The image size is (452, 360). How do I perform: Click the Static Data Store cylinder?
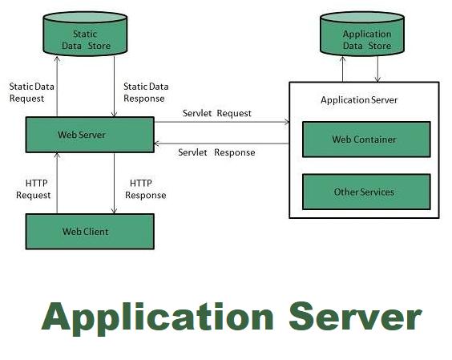point(85,34)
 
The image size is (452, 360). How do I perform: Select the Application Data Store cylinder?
point(362,34)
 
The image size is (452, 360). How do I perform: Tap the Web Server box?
point(90,135)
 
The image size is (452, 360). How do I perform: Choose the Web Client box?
point(90,232)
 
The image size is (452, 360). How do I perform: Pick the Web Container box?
point(366,140)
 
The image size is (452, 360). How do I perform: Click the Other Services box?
point(366,192)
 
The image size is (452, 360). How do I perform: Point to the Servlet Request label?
point(217,113)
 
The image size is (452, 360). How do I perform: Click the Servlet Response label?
point(216,152)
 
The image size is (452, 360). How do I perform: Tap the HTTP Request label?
point(34,189)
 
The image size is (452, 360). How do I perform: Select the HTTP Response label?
point(146,189)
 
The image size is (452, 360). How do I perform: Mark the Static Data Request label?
point(32,92)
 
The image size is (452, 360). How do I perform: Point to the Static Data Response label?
point(146,92)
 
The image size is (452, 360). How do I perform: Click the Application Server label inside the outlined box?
point(359,100)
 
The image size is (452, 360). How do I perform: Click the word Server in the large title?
point(355,317)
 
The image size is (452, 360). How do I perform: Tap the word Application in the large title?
point(157,318)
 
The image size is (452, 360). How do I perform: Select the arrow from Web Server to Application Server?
point(222,122)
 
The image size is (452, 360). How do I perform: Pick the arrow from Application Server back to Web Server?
point(222,144)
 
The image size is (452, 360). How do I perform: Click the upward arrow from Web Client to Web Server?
point(57,183)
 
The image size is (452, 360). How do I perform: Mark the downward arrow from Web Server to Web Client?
point(114,183)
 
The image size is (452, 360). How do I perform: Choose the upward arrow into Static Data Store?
point(57,87)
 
